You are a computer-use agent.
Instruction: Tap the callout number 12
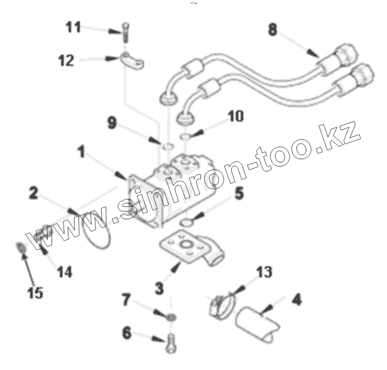66,60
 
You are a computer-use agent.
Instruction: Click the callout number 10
235,116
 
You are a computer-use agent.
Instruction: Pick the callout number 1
81,152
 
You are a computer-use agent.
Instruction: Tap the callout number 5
239,193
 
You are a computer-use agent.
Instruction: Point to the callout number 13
264,272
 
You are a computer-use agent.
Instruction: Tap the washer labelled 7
171,318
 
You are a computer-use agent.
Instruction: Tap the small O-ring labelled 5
186,223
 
